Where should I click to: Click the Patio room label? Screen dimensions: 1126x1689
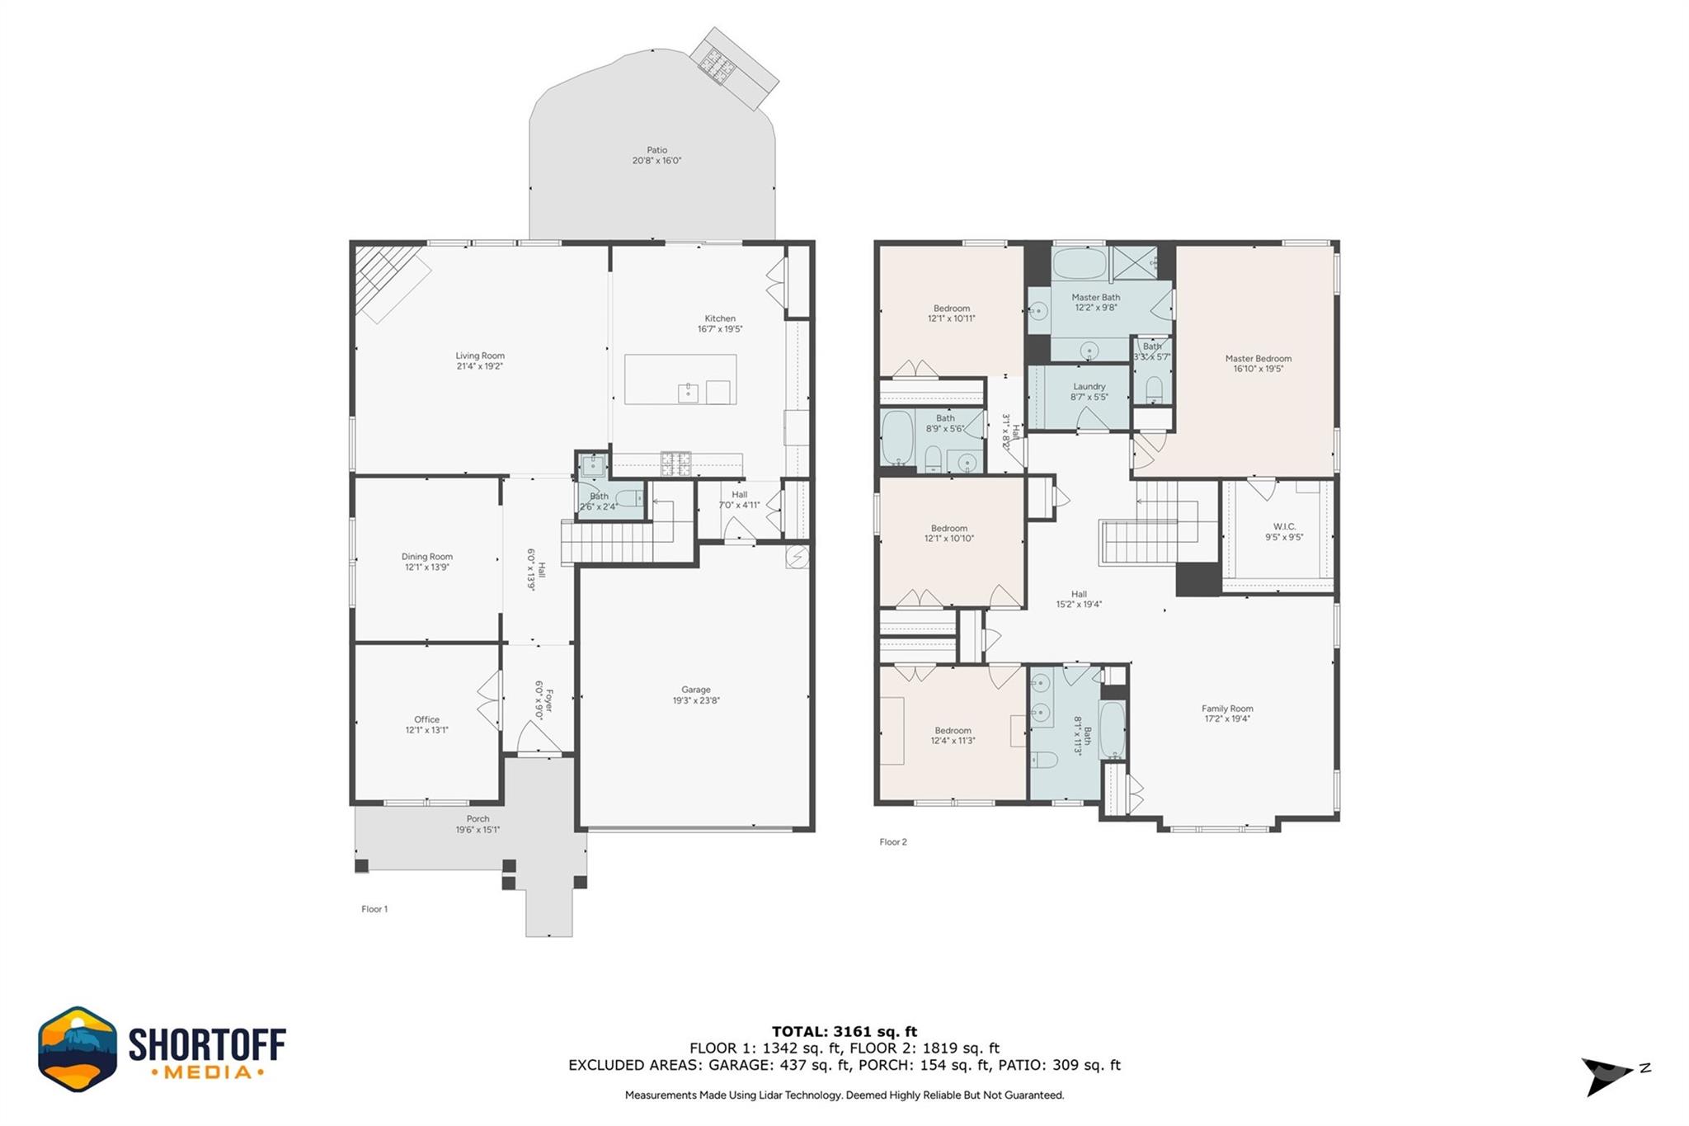tap(656, 150)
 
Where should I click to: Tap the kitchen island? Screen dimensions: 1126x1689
tap(680, 379)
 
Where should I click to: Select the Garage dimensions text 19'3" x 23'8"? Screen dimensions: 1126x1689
tap(696, 701)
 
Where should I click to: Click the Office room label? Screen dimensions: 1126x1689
tap(426, 719)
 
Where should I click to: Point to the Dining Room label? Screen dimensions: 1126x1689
tap(426, 557)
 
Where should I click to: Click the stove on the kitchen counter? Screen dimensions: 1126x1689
tap(675, 464)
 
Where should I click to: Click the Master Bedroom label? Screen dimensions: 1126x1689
tap(1258, 359)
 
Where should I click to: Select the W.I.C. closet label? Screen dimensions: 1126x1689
tap(1284, 526)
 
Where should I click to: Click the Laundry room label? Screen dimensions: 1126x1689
tap(1089, 387)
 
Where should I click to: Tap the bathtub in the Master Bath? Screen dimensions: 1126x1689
tap(1079, 263)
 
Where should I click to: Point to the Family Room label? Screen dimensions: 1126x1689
tap(1226, 709)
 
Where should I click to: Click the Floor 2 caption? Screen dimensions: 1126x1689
tap(892, 842)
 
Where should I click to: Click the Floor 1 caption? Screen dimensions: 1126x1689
tap(374, 909)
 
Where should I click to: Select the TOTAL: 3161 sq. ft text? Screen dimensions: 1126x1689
tap(844, 1031)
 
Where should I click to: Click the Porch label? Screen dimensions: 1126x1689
tap(478, 819)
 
